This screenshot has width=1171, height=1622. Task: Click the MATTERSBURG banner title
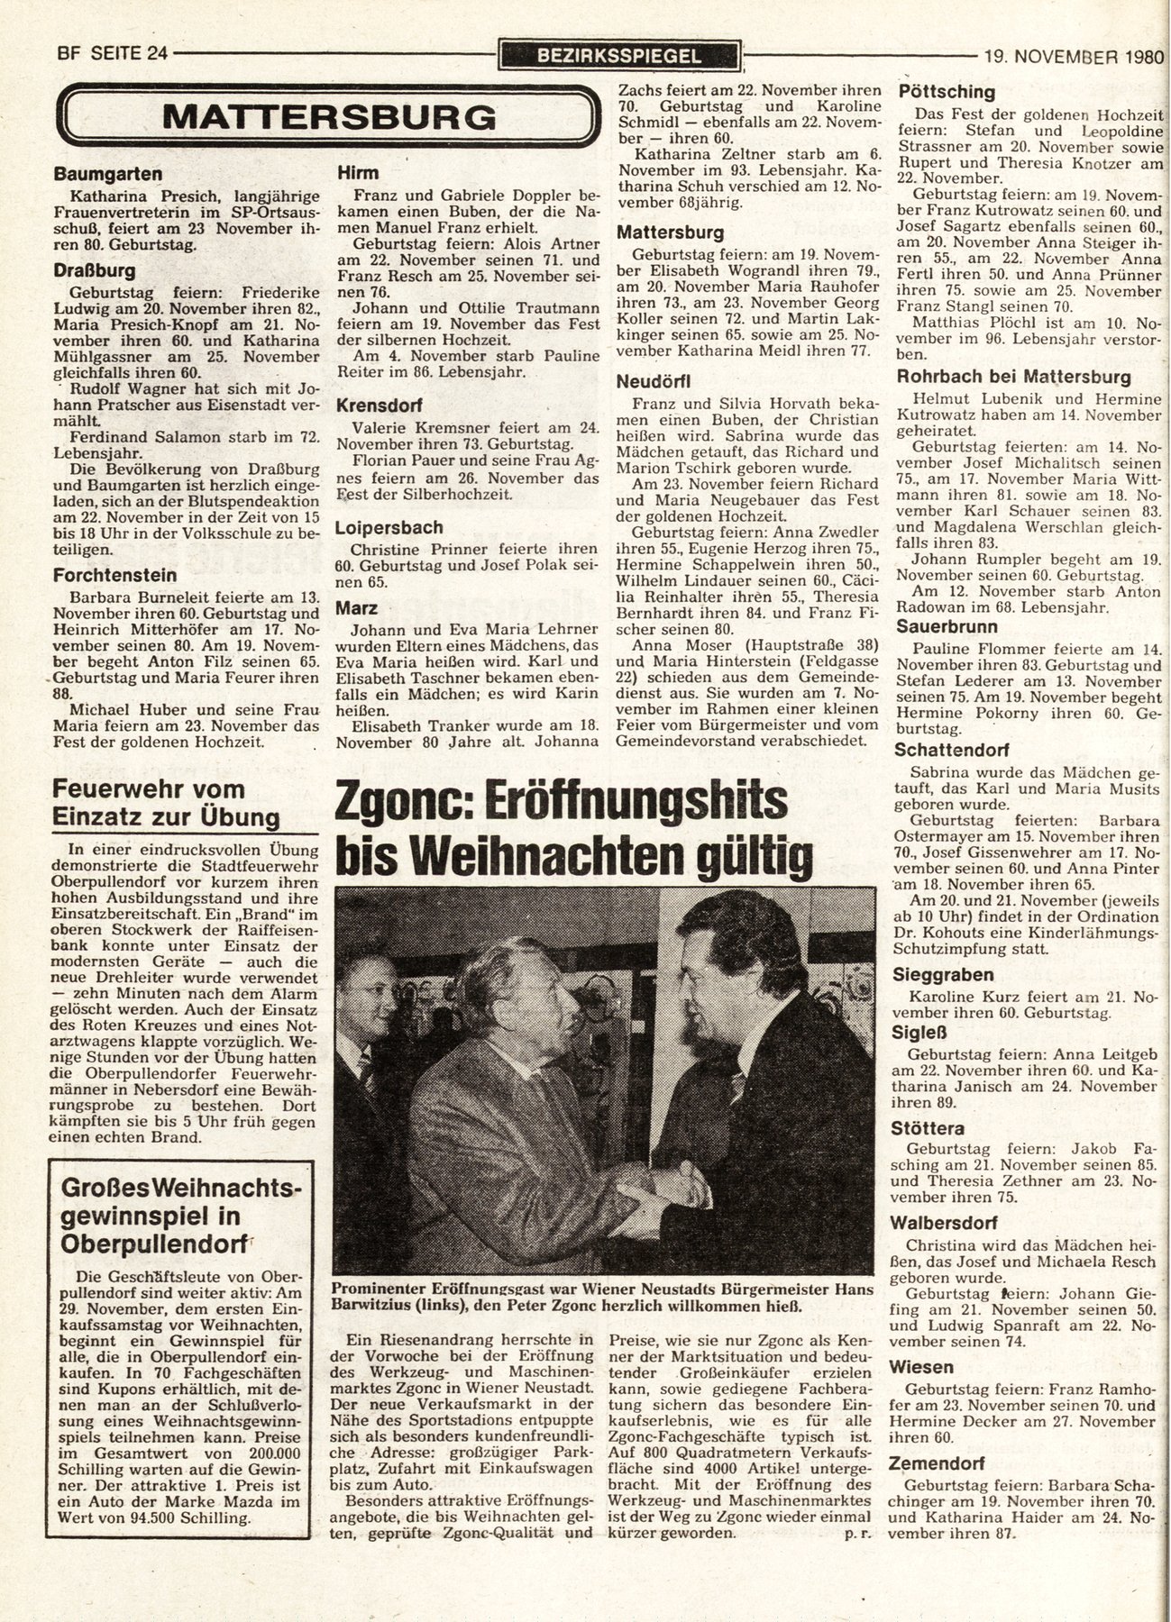[330, 116]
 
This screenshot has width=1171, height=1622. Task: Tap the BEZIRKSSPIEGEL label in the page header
[618, 56]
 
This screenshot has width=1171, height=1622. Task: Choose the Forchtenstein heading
[114, 575]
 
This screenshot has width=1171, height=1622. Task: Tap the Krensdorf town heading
[380, 405]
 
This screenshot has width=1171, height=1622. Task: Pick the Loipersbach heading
[390, 527]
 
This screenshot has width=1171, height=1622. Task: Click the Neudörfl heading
[654, 381]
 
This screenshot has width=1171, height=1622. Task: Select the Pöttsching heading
[947, 92]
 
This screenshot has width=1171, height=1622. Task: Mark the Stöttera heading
[929, 1128]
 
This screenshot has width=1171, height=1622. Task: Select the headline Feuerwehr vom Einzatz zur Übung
[167, 803]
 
